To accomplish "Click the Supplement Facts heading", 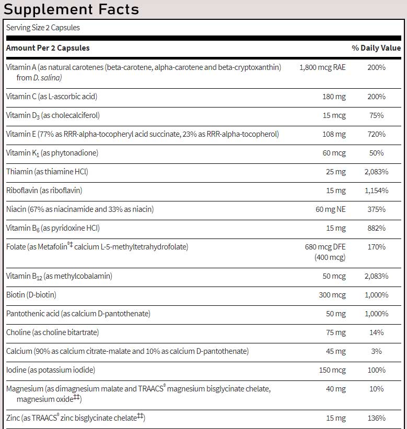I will coord(71,9).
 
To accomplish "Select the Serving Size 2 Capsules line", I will coord(43,28).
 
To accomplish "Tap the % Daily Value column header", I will coord(376,48).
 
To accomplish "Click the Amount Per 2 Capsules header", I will coord(48,48).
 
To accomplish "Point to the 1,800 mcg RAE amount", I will coord(322,67).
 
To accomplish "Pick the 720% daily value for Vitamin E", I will coord(376,134).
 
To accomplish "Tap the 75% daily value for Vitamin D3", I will coord(376,115).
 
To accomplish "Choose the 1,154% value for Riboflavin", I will coord(376,190).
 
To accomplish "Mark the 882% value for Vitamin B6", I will coord(376,228).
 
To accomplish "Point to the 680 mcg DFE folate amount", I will coord(325,247).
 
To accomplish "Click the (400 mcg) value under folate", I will coord(330,257).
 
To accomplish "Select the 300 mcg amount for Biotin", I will coord(332,295).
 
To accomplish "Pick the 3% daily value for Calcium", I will coord(376,351).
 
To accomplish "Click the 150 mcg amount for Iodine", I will coord(332,370).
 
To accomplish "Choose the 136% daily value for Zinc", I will coord(376,418).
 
